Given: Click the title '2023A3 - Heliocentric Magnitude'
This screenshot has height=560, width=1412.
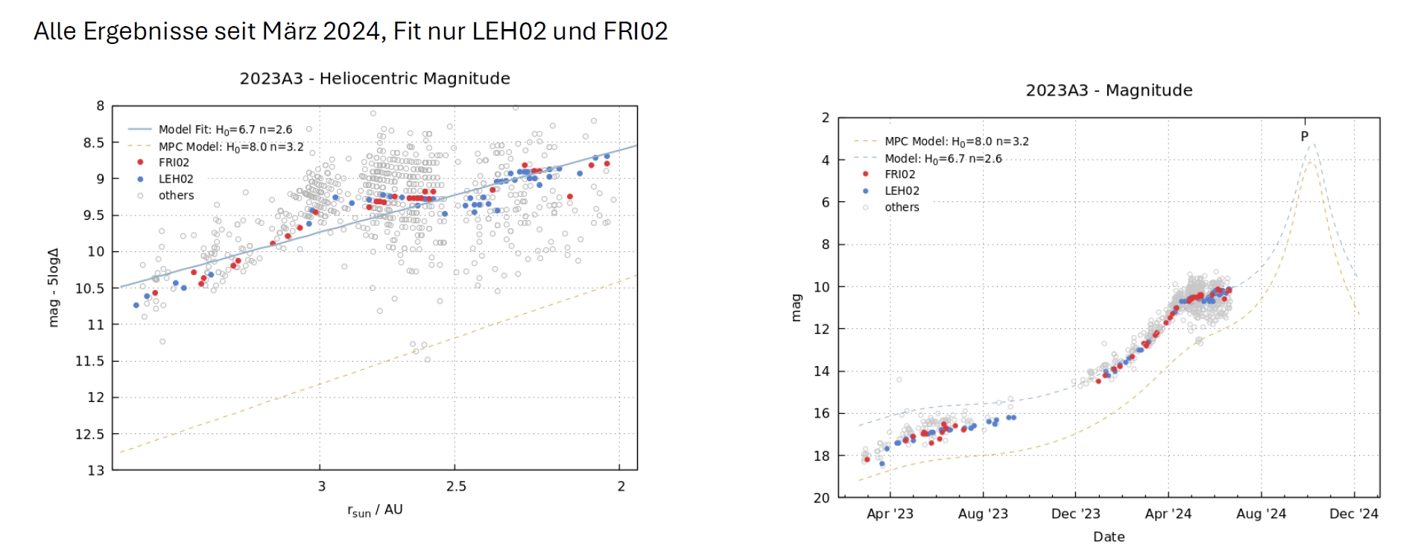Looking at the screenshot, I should coord(375,78).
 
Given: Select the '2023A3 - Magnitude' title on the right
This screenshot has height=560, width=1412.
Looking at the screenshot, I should coord(1109,90).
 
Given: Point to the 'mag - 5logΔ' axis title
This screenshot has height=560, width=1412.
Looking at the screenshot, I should coord(53,287).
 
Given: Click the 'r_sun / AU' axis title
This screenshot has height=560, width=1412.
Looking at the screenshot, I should coord(375,510).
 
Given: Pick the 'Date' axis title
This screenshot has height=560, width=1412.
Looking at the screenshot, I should coord(1109,537).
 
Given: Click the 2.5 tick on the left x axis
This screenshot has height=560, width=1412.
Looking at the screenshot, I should coord(456,486).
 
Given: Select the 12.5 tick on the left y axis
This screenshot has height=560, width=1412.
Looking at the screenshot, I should coord(90,434).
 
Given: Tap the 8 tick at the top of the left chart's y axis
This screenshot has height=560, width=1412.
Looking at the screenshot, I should coord(100,106).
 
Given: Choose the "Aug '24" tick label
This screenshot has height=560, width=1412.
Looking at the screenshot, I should coord(1261,514).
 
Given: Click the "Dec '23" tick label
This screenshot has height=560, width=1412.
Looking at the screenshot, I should coord(1075,514).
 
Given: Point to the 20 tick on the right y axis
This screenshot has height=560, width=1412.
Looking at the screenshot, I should coord(821,497).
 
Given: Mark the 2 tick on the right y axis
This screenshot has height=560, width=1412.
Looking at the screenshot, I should coord(825,118).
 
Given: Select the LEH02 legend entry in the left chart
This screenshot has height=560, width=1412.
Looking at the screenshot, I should coord(176,179).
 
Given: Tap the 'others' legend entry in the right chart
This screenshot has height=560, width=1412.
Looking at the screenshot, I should coord(902,207).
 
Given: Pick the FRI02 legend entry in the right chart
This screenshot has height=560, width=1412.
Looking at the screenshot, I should coord(899,174).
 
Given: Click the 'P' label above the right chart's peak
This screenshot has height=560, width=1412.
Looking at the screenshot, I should coord(1304,136).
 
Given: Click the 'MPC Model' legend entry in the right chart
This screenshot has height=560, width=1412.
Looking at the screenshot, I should coord(956,141).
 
